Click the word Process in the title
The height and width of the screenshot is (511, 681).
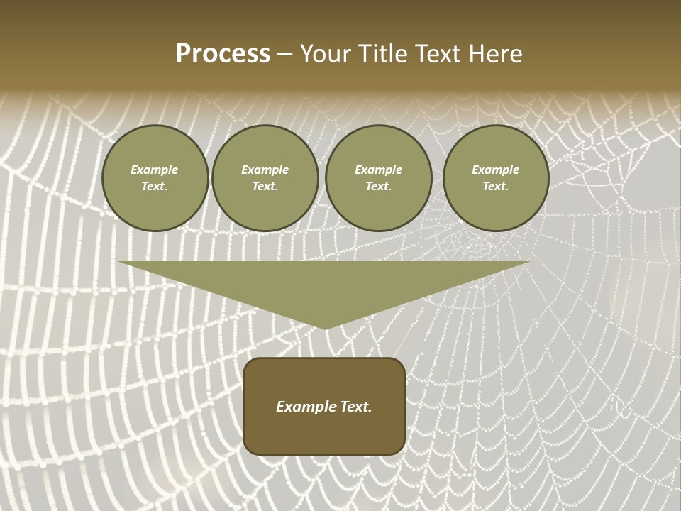[x=223, y=54]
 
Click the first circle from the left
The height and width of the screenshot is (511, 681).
[x=155, y=178]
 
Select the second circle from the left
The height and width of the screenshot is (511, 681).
[x=265, y=178]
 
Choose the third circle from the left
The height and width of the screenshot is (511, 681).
[x=379, y=178]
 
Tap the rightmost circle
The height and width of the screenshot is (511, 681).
[x=496, y=178]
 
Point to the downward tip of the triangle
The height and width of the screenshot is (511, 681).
[x=325, y=327]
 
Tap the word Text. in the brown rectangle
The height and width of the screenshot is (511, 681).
[x=355, y=407]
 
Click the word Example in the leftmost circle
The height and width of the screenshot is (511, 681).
[x=155, y=170]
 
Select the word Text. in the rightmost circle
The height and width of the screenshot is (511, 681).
[x=496, y=187]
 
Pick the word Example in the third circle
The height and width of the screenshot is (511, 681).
[x=379, y=170]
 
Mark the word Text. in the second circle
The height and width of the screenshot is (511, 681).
[x=265, y=187]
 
